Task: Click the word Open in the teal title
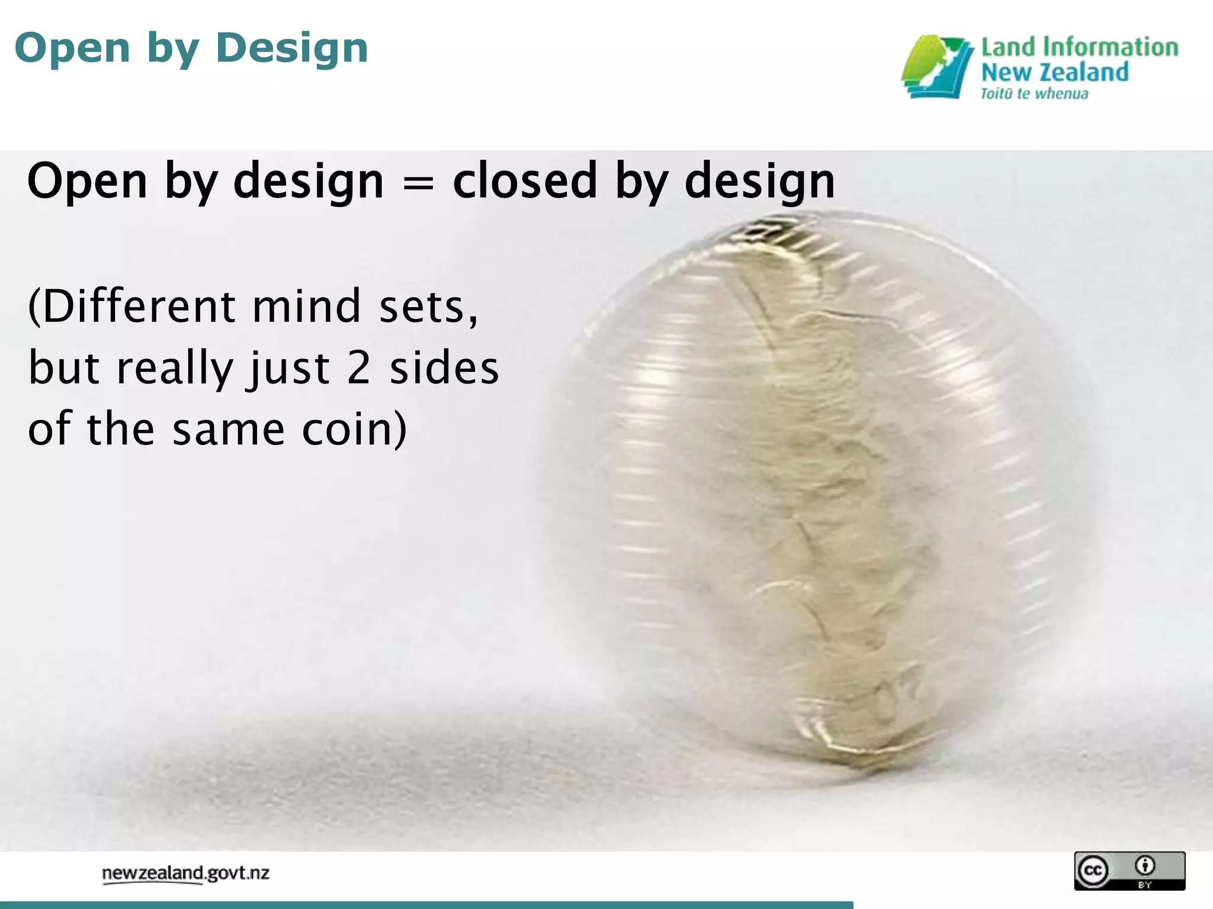[x=72, y=49]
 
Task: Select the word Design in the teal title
[x=292, y=49]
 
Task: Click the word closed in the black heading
[x=525, y=181]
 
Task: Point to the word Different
[x=131, y=307]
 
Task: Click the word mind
[x=307, y=307]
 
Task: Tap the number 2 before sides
[x=359, y=368]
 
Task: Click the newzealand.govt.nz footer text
[x=185, y=873]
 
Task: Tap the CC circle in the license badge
[x=1093, y=871]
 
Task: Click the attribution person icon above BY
[x=1145, y=865]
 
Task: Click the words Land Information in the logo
[x=1079, y=47]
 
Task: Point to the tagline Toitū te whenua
[x=1034, y=94]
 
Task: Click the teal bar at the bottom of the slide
[x=426, y=905]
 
